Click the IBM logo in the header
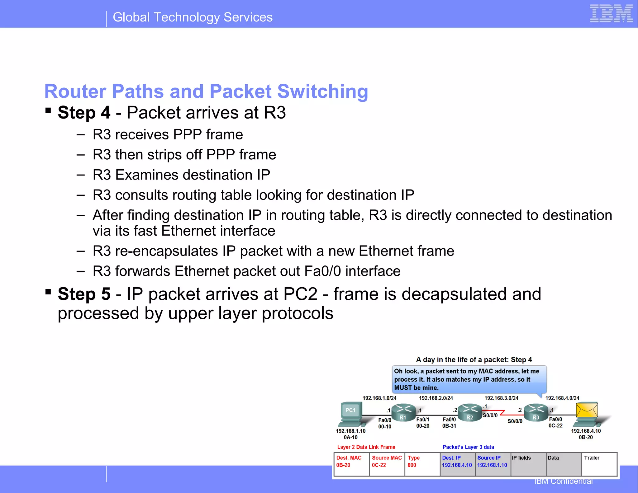[x=611, y=14]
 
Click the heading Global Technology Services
[x=193, y=17]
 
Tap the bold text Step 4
[x=84, y=112]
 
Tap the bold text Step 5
[x=84, y=294]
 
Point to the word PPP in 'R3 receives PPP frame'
[x=187, y=134]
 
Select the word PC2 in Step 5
[x=300, y=294]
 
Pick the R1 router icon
[x=403, y=412]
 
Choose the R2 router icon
[x=469, y=412]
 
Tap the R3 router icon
[x=536, y=412]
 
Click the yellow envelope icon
[x=587, y=410]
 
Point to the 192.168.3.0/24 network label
[x=501, y=398]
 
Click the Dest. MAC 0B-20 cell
[x=351, y=464]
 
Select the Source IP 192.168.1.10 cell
[x=493, y=464]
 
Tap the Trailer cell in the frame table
[x=599, y=464]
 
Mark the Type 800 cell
[x=422, y=464]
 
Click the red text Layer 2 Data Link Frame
[x=366, y=447]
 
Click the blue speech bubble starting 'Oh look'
[x=469, y=379]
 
